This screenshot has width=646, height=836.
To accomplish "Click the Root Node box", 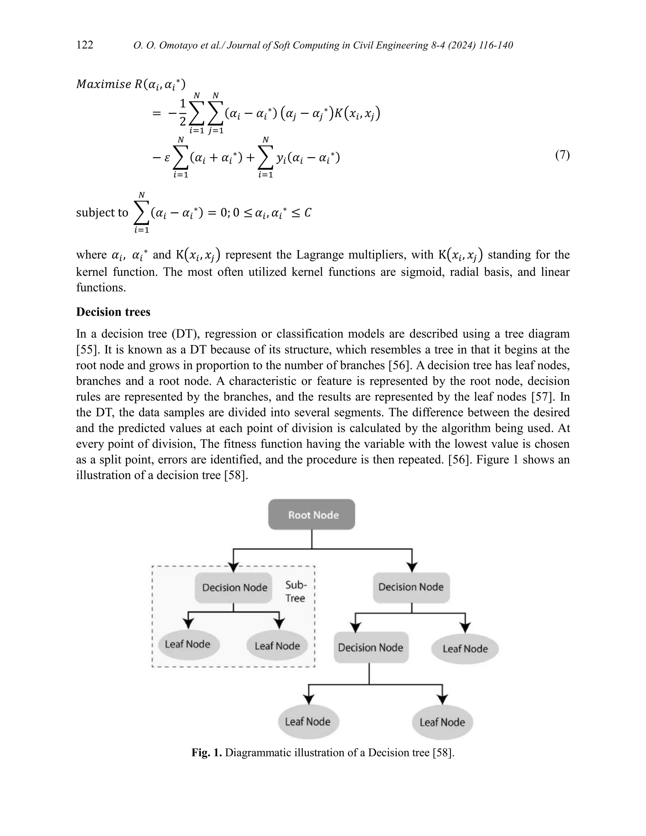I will coord(312,515).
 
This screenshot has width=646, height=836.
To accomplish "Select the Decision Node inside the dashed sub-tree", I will coord(233,588).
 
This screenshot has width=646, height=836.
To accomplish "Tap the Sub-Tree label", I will coord(296,592).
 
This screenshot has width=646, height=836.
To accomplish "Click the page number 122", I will coord(85,45).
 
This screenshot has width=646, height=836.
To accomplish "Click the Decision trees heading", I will coord(113,312).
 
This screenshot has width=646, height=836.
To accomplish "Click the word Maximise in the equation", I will coord(104,84).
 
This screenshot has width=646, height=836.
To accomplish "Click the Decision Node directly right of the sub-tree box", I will coord(411,587).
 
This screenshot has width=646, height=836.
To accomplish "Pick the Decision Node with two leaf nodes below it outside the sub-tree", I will coord(370,648).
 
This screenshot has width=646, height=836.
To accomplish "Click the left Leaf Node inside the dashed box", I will coord(188,644).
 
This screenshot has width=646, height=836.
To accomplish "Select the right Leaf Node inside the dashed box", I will coord(277,646).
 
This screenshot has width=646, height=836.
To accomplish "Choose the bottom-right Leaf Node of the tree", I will coord(443,722).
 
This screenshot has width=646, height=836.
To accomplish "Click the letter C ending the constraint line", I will coord(308,213).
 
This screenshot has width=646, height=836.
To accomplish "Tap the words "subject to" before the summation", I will coord(102,213).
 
